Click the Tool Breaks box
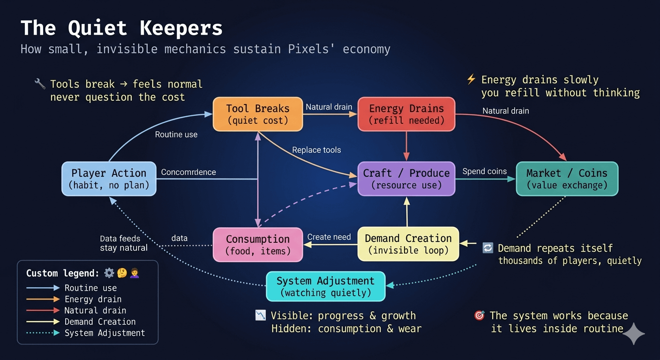coord(257,114)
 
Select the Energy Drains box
coord(406,114)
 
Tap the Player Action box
coord(109,179)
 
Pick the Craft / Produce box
coord(406,179)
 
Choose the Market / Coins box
coord(567,179)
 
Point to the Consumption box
coord(257,245)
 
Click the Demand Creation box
coord(408,244)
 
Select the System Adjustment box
coord(325,286)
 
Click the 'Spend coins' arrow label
coord(484,172)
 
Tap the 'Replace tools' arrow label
coord(316,150)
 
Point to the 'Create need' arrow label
coord(329,237)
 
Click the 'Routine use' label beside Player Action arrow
coord(176,135)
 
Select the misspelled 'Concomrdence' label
coord(188,172)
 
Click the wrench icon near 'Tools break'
coord(40,84)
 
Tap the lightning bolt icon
coord(471,79)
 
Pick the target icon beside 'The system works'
coord(480,315)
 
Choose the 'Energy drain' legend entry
coord(93,299)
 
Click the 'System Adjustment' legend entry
coord(105,333)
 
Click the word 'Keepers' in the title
coord(181,28)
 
